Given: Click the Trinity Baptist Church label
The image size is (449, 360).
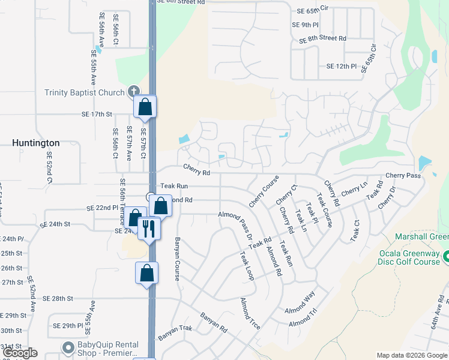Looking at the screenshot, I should pyautogui.click(x=84, y=92).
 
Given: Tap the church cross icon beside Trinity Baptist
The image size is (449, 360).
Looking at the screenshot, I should pyautogui.click(x=133, y=92).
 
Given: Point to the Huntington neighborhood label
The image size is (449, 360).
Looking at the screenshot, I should pyautogui.click(x=36, y=143).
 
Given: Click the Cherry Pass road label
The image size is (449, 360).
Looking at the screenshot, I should pyautogui.click(x=403, y=175).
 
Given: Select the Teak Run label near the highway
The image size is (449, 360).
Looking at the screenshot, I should pyautogui.click(x=174, y=187).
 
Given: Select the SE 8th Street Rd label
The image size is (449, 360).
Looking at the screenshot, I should pyautogui.click(x=319, y=38).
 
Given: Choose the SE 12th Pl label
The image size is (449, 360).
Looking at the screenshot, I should pyautogui.click(x=342, y=66).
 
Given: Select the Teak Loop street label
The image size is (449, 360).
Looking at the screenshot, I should pyautogui.click(x=247, y=265).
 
